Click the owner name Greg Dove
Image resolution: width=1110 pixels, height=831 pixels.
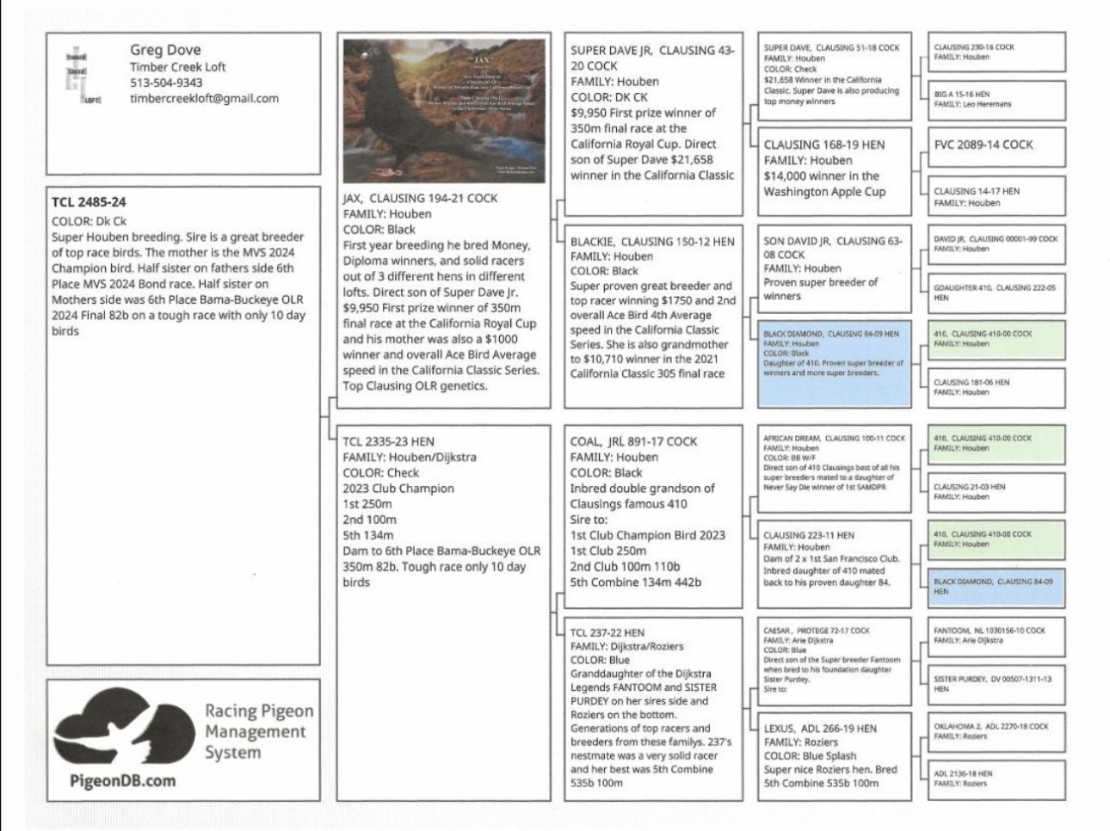pos(165,50)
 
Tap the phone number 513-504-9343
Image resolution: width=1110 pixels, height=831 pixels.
pos(166,83)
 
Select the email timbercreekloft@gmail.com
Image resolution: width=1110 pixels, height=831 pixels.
pos(204,98)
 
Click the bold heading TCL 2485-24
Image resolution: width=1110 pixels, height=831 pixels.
pos(89,202)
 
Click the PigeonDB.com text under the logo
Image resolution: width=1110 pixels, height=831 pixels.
pos(122,781)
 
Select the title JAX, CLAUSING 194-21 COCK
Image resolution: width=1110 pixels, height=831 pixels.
pos(420,198)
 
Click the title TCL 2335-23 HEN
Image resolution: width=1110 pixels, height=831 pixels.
pos(388,441)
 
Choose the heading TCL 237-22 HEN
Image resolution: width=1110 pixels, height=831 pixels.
pos(607,632)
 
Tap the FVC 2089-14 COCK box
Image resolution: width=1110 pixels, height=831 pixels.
pos(996,145)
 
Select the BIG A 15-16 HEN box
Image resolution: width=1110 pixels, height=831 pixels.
pos(996,99)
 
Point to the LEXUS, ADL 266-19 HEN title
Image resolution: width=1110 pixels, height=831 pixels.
pos(820,728)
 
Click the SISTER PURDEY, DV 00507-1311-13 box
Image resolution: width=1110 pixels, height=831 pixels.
pos(996,684)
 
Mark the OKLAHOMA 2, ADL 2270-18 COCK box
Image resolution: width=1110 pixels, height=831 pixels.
pos(996,730)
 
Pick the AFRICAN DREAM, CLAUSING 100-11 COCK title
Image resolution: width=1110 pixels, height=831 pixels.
pos(834,438)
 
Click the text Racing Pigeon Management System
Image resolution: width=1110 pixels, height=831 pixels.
pos(258,731)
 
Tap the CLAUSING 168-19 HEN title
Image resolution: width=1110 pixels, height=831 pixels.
pos(823,145)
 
